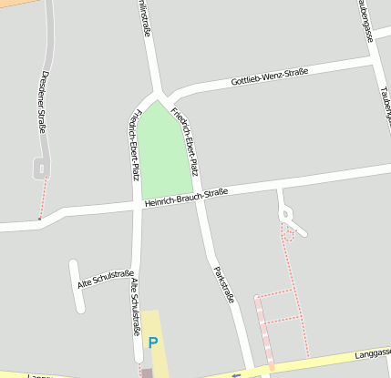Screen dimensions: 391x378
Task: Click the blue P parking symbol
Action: pos(153,343)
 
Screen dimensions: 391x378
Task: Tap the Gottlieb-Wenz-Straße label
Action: pos(270,78)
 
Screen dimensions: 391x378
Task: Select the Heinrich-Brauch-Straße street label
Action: pos(185,199)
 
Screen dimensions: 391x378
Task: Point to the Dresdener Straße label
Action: pos(43,102)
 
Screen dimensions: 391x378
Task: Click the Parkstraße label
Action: pos(223,284)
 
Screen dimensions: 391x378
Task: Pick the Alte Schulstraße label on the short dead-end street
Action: pos(106,279)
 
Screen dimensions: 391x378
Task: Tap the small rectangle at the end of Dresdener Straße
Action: pos(42,168)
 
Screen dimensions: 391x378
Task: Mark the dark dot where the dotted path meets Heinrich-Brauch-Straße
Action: pos(39,219)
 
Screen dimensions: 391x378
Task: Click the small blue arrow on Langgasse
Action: pos(236,373)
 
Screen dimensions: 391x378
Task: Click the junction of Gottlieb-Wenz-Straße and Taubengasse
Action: pos(375,63)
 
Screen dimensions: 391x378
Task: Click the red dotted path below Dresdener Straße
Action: pos(41,196)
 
